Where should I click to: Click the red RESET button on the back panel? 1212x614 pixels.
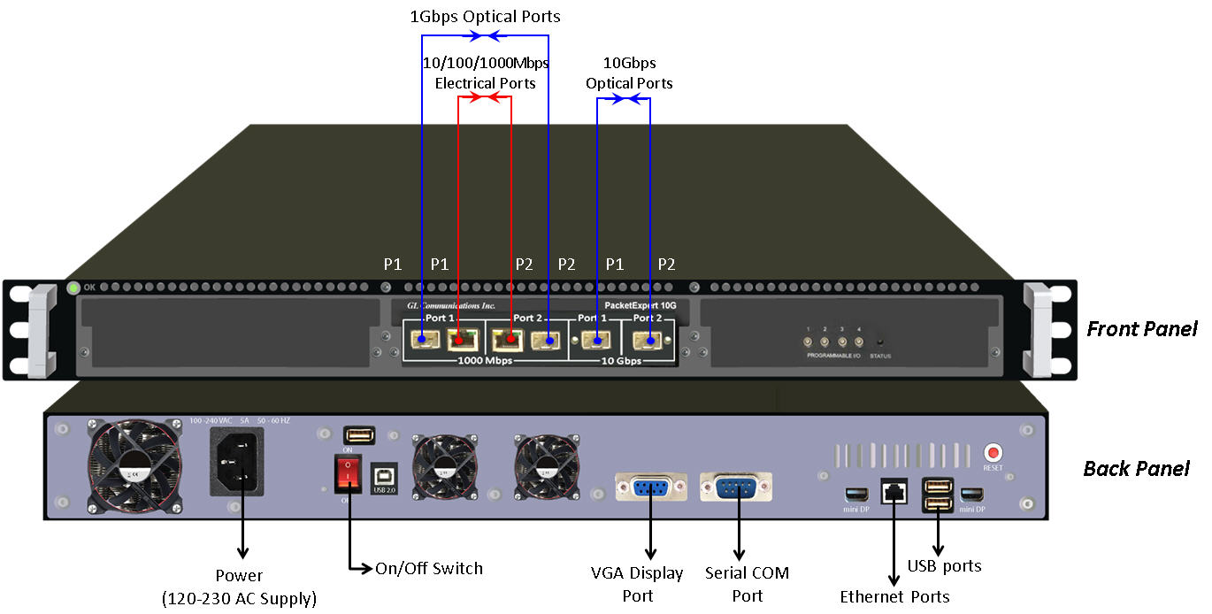coord(993,452)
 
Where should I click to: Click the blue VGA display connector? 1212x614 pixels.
coord(651,487)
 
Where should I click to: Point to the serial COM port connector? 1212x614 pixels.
coord(735,487)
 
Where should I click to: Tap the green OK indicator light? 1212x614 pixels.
coord(73,288)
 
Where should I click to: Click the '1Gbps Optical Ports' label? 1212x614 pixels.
coord(485,16)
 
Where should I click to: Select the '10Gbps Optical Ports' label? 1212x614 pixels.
coord(629,73)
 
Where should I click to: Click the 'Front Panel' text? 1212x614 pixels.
coord(1141,329)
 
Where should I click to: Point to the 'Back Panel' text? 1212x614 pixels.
coord(1136,469)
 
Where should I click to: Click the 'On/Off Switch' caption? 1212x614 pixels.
coord(429,568)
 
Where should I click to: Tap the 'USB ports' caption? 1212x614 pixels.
coord(944,565)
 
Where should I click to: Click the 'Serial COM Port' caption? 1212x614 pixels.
coord(747,584)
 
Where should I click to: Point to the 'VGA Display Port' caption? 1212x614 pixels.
coord(637,584)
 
